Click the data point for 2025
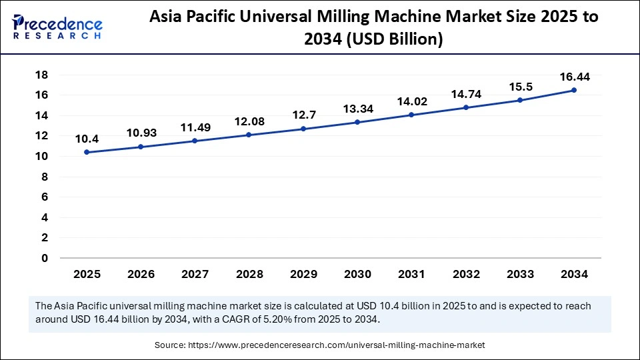point(87,152)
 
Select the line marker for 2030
point(357,122)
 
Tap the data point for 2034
point(574,90)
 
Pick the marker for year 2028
point(249,135)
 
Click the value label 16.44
point(574,77)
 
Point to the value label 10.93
point(141,133)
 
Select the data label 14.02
point(411,101)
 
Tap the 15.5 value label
point(520,87)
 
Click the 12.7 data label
point(303,115)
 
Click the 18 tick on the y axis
point(42,75)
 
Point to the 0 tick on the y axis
point(45,258)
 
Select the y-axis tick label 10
point(42,156)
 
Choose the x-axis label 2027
point(195,274)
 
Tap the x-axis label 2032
point(465,274)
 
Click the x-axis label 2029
point(303,274)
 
